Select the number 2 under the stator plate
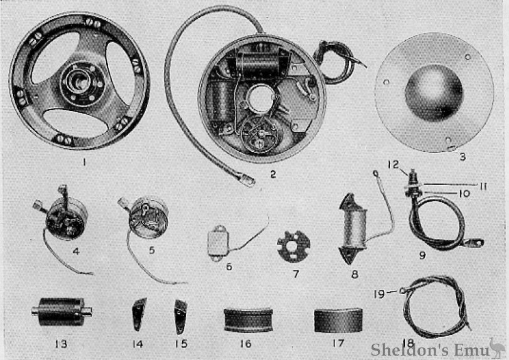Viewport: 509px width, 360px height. tap(273, 174)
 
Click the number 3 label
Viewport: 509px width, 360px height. tap(462, 157)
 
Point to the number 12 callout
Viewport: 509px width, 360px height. tap(392, 164)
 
